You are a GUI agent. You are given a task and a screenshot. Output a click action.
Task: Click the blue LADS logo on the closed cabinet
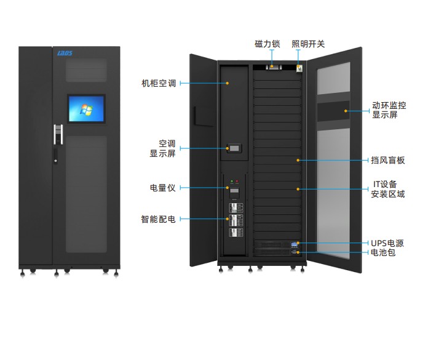tap(65, 53)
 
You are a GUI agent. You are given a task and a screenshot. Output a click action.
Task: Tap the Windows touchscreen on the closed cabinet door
tap(86, 109)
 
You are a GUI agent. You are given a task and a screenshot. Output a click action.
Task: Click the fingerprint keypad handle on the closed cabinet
tap(58, 134)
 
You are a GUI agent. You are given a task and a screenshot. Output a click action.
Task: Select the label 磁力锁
tap(267, 44)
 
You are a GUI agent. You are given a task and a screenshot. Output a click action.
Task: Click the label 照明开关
tap(308, 44)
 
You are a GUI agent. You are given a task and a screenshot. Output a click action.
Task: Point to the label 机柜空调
tap(159, 83)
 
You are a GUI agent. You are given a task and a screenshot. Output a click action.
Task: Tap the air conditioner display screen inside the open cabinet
tap(234, 148)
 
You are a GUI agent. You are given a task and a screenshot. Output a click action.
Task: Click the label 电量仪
tap(163, 188)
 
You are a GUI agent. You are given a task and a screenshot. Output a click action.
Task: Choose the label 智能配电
tap(158, 219)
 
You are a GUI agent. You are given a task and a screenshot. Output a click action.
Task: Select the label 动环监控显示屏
tap(389, 110)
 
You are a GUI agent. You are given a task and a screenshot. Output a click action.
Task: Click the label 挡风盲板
tap(387, 160)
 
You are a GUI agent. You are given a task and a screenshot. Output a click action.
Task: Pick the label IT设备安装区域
tap(387, 189)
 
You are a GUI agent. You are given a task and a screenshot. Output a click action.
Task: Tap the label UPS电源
tap(387, 243)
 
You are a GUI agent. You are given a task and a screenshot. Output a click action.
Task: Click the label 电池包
tap(383, 252)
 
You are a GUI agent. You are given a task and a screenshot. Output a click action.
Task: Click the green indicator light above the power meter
tap(232, 181)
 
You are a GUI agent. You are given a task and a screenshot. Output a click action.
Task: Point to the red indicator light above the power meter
tap(237, 181)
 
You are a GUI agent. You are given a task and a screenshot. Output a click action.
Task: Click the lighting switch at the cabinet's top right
tap(299, 68)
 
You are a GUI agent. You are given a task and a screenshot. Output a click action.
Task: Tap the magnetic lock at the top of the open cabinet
tap(274, 67)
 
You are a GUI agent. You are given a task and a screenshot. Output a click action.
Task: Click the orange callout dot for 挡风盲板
tap(298, 160)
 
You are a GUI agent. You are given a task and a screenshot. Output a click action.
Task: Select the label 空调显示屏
tap(163, 148)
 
